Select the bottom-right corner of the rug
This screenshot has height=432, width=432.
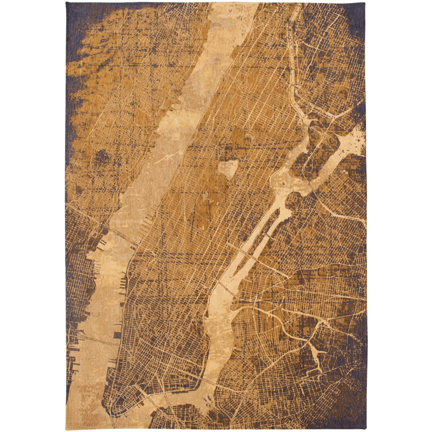click(366, 430)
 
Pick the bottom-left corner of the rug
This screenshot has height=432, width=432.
click(66, 430)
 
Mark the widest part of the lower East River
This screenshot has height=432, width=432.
click(220, 329)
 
